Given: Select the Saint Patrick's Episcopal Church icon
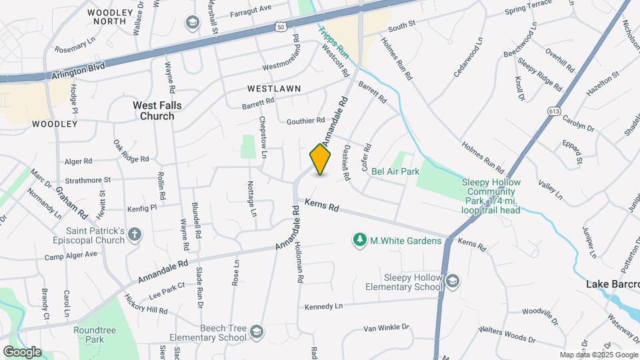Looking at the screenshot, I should click(x=135, y=235).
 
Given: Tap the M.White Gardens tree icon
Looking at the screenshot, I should click(x=360, y=239).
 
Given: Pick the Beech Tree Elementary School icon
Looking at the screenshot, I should click(x=256, y=331).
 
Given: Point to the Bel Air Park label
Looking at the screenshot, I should click(x=395, y=171).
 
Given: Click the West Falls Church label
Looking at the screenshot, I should click(x=157, y=111).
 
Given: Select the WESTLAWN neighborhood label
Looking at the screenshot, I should click(x=274, y=88).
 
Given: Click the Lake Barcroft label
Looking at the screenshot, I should click(x=612, y=284).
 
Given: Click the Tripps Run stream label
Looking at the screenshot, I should click(x=333, y=41).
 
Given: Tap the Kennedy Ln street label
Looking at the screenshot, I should click(x=323, y=306).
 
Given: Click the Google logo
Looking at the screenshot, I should click(x=23, y=351).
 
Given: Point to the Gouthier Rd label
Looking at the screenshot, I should click(x=305, y=121).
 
